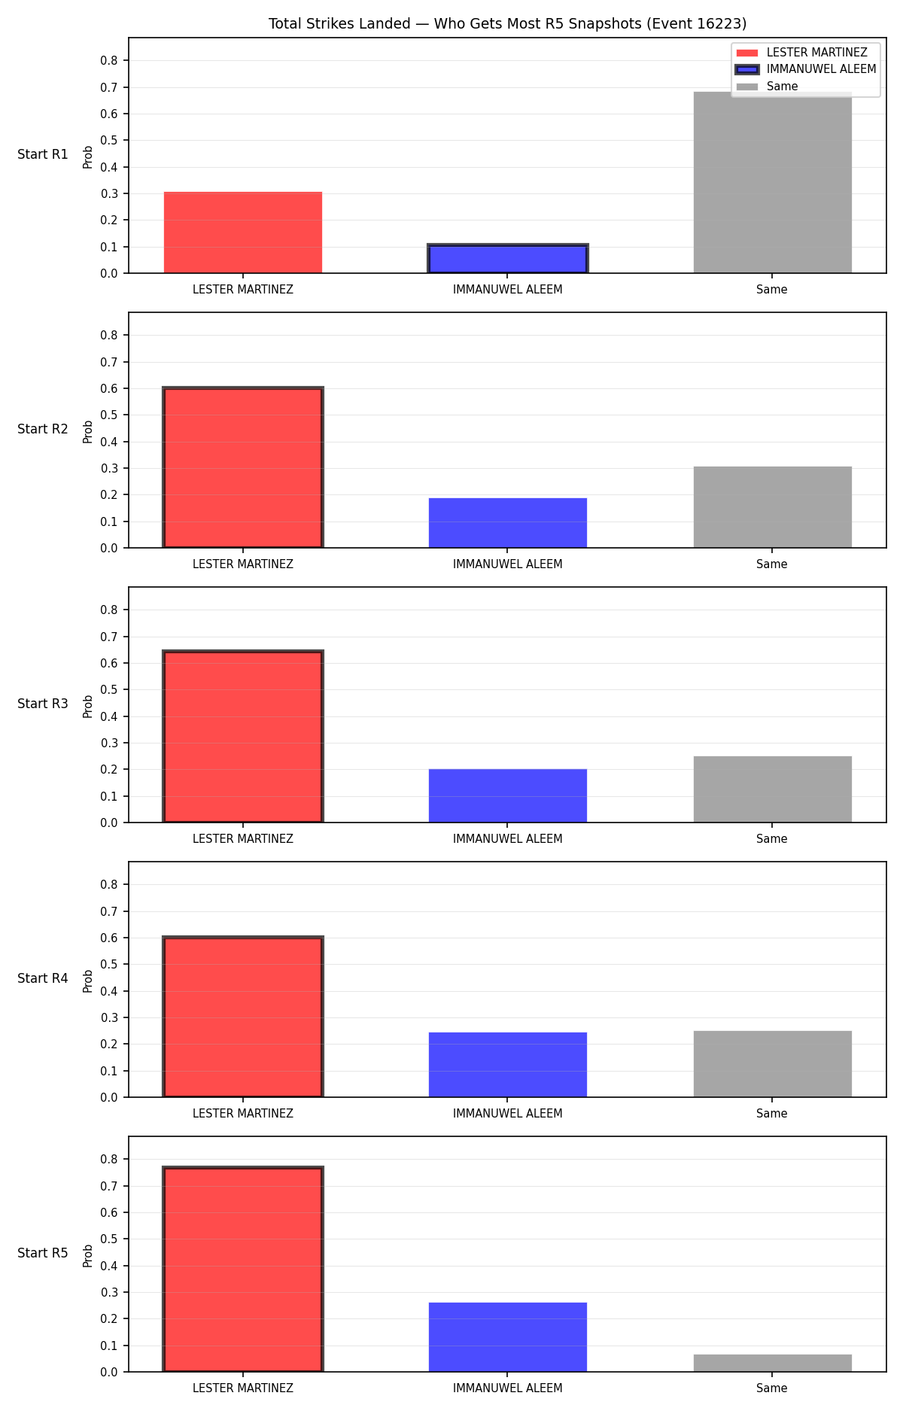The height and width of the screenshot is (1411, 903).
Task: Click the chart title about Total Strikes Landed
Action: tap(508, 24)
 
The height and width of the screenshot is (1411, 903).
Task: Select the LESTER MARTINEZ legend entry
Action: tap(802, 53)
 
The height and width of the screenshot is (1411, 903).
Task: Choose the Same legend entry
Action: tap(768, 87)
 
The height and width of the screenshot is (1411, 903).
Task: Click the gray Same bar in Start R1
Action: tap(772, 182)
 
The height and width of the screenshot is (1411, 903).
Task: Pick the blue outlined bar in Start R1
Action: tap(508, 259)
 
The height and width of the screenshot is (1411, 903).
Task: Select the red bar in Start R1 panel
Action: tap(243, 233)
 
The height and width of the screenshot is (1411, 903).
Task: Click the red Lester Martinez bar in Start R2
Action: tap(243, 468)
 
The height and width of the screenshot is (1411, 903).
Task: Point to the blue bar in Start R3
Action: tap(508, 795)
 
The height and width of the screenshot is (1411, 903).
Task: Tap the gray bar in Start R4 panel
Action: tap(772, 1064)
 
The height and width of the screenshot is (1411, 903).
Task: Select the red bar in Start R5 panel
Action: tap(243, 1270)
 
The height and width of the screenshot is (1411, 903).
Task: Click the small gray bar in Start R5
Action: tap(772, 1363)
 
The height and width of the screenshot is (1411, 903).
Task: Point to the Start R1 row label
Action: tap(43, 154)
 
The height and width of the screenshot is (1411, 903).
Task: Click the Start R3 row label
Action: tap(43, 704)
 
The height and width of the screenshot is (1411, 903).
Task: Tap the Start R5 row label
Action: tap(43, 1253)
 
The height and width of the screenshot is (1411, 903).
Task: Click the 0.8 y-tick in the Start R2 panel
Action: tap(110, 336)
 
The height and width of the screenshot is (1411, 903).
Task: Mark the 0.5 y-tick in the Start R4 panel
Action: tap(110, 965)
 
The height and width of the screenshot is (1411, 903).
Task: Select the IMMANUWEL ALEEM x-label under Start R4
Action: tap(508, 1114)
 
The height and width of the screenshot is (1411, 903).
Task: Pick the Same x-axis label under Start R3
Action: tap(772, 839)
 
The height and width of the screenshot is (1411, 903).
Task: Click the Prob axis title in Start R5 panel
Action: tap(88, 1255)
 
